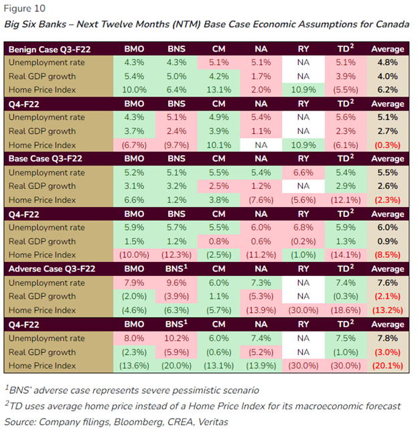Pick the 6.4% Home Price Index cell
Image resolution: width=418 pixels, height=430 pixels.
[x=178, y=90]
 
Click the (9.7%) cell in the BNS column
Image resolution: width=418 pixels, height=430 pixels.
[x=178, y=145]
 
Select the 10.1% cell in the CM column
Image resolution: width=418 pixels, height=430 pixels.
[x=219, y=145]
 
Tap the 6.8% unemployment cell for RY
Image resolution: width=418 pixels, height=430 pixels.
[x=303, y=228]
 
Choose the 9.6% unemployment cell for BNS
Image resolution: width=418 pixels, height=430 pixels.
[x=178, y=283]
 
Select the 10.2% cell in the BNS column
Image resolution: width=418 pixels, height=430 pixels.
[x=178, y=338]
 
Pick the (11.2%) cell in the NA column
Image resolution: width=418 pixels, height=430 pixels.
[x=261, y=255]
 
